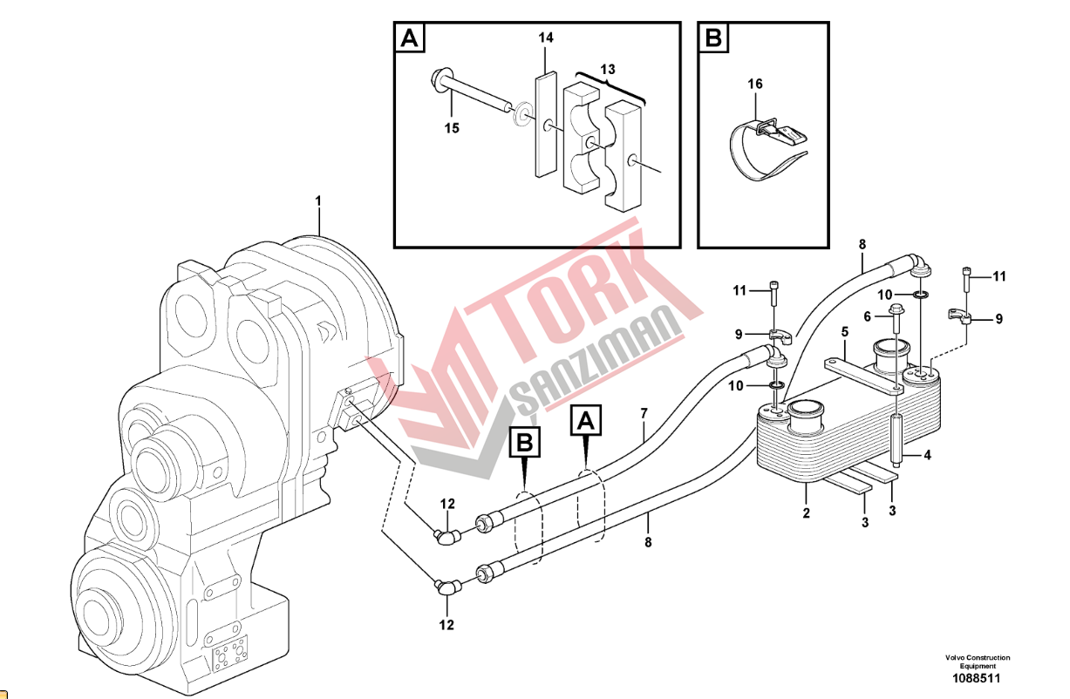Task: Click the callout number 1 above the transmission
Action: point(318,201)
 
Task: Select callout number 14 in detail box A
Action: point(546,37)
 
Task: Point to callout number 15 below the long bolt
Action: point(452,128)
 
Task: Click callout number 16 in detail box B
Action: point(754,84)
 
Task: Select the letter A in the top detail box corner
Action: point(409,37)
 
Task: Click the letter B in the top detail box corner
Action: point(713,37)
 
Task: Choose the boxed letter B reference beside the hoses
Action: point(525,443)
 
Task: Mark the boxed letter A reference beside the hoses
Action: point(586,420)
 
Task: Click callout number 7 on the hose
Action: point(644,413)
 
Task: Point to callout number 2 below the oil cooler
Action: point(807,513)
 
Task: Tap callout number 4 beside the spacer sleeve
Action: point(927,455)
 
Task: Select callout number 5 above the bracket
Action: point(844,331)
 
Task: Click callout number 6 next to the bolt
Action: point(868,316)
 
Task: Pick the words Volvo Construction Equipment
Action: point(978,662)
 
